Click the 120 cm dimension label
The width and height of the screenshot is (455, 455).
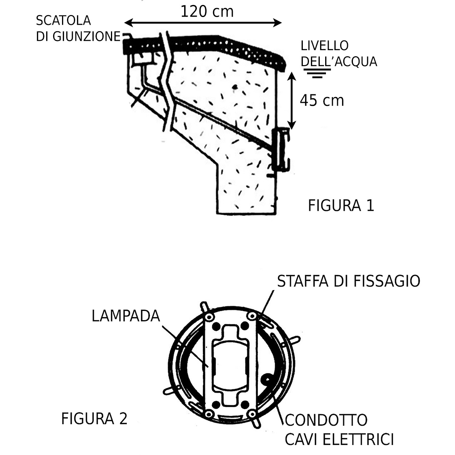click(x=207, y=12)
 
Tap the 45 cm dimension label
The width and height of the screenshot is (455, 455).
click(x=322, y=101)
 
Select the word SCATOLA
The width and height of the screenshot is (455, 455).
click(x=63, y=20)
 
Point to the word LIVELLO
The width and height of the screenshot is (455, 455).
click(x=325, y=45)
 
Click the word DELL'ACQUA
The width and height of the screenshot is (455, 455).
click(x=339, y=62)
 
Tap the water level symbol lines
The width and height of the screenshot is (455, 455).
click(x=317, y=73)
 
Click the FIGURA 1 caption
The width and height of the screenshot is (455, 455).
click(x=341, y=206)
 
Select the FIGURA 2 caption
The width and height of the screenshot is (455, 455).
click(x=94, y=418)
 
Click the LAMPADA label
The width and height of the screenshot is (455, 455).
click(x=126, y=316)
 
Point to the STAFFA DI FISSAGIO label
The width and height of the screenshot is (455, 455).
click(x=348, y=281)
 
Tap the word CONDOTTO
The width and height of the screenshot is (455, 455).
click(x=326, y=420)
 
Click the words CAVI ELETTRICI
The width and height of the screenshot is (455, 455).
click(x=339, y=439)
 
